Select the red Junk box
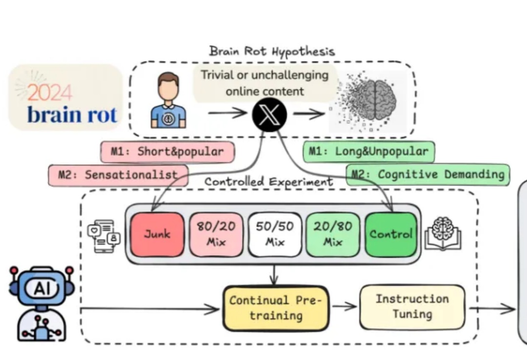[157, 234]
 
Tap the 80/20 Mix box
[216, 234]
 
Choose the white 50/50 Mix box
[275, 234]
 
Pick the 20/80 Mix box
[333, 234]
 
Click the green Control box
[391, 234]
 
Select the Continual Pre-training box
[276, 308]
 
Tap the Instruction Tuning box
[412, 306]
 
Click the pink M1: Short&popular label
[167, 152]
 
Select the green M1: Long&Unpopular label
[368, 151]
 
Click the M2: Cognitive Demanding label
[428, 174]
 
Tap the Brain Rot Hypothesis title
[272, 51]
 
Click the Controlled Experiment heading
[269, 182]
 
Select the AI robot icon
[41, 302]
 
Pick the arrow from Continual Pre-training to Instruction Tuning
[345, 306]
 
